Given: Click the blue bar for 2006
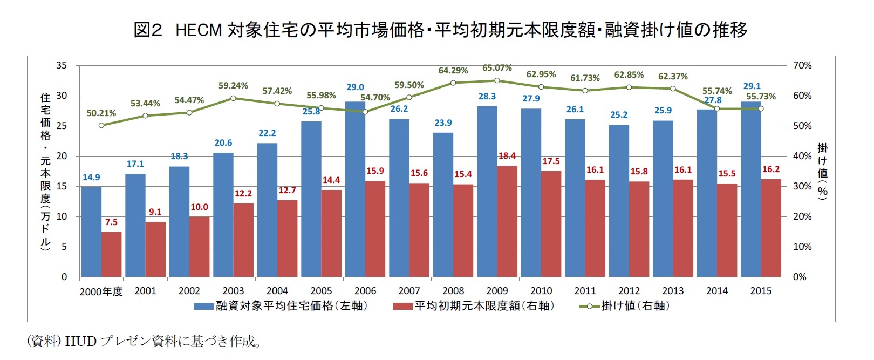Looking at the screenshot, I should [355, 189].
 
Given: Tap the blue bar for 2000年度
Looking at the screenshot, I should [91, 232].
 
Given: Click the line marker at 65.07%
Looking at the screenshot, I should [497, 80].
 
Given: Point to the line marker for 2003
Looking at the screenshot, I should [233, 98].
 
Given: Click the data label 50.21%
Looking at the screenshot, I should [101, 113].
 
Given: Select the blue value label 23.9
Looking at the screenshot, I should [443, 123].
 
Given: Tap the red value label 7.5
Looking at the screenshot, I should [111, 222].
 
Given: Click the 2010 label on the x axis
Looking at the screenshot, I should [541, 291].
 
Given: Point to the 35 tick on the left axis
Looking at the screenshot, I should [62, 65].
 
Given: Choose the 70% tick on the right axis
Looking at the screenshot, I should [802, 65].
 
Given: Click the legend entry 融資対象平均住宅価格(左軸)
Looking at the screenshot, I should [281, 306].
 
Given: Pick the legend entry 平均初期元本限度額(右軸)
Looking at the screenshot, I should [474, 306].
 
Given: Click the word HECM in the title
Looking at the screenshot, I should [199, 30].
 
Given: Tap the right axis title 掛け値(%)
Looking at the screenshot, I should [822, 171].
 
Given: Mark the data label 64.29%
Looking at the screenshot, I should [453, 71].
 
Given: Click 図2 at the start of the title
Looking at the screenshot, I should [147, 30].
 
